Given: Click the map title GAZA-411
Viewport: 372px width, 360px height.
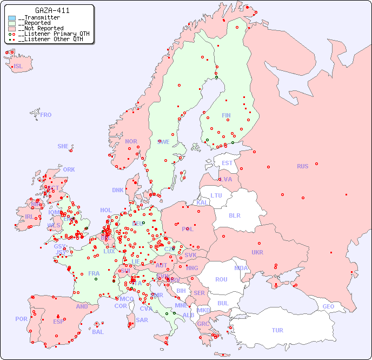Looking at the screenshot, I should [52, 10].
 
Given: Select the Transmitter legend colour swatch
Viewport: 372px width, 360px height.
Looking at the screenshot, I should [12, 18].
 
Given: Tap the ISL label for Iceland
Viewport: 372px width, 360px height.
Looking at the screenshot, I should [18, 67].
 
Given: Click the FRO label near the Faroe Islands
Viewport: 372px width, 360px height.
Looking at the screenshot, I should [46, 115].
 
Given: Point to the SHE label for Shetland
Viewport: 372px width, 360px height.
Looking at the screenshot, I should [63, 146].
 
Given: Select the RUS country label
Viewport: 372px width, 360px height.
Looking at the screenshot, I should [302, 166].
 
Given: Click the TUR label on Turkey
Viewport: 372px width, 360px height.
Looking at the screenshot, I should [277, 330].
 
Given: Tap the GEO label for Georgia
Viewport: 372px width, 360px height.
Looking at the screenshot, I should [328, 306].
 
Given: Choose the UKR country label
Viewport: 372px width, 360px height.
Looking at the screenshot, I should [257, 252].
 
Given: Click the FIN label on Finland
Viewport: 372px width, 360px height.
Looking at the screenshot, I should [226, 115].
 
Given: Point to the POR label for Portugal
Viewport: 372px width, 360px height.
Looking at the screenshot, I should [21, 319].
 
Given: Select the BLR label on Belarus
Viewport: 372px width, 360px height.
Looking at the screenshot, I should [234, 215].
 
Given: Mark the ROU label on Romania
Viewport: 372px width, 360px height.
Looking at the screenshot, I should [221, 279].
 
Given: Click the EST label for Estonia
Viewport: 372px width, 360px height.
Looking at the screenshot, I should [227, 163].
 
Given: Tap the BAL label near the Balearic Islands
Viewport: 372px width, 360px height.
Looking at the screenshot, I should [97, 332].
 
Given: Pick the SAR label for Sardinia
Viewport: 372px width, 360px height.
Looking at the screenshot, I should [142, 320].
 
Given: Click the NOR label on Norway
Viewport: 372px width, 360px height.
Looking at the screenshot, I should [131, 141].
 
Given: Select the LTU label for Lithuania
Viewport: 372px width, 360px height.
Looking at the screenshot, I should [216, 195].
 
